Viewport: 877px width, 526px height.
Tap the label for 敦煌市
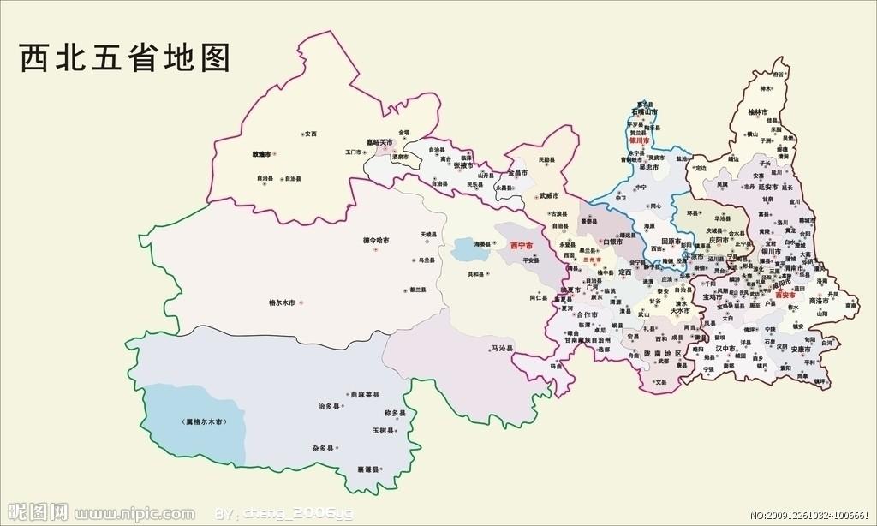261,154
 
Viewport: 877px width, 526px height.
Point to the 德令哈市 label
372,241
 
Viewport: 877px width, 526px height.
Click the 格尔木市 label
282,302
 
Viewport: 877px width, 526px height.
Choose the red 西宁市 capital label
521,246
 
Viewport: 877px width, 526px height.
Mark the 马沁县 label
502,349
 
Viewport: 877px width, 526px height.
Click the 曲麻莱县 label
365,395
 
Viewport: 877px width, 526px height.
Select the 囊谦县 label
368,470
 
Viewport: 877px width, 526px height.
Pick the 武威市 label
548,195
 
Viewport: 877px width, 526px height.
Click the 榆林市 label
758,112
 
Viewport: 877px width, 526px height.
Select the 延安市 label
766,187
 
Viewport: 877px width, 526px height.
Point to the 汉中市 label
727,350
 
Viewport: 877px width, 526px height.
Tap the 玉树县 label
383,429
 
